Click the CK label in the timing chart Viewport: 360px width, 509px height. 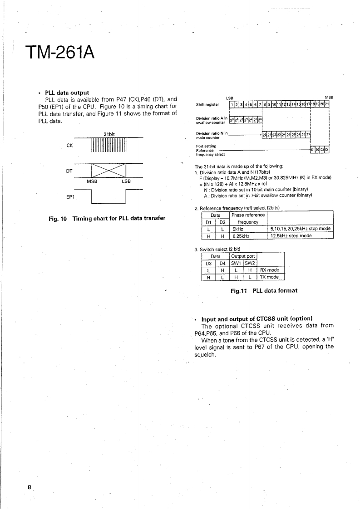coord(69,146)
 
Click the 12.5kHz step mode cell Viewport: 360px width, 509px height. coord(291,235)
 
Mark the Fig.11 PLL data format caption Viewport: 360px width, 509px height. coord(263,290)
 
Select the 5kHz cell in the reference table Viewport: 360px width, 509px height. coord(236,229)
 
